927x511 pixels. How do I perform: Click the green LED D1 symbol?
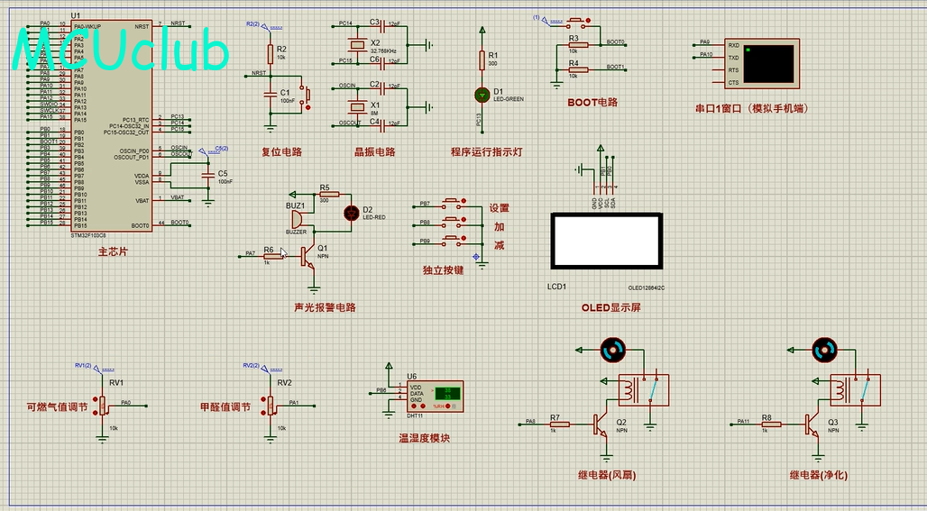481,94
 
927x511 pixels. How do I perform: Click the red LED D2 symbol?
352,213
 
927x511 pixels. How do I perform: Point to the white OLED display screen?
606,242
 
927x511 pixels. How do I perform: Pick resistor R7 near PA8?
556,422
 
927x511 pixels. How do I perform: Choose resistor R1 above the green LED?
481,59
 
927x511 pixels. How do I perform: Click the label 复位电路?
281,152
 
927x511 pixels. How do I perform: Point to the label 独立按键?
442,269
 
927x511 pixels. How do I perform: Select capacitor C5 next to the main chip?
210,176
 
